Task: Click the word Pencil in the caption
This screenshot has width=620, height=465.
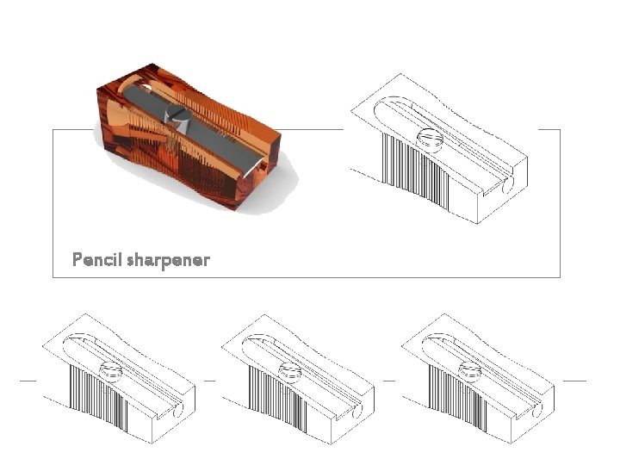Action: pos(96,259)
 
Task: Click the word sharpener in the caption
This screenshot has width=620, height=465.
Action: pos(168,260)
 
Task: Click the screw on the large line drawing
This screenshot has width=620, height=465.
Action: pos(428,138)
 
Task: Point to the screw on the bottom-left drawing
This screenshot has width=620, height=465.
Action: pos(112,371)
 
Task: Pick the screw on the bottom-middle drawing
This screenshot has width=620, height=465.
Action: pos(291,371)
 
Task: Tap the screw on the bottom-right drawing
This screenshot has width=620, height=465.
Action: pos(470,371)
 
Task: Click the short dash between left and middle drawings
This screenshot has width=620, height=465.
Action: pos(209,380)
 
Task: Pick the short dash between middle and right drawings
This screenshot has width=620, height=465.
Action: pos(388,380)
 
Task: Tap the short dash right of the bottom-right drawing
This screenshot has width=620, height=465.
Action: pos(574,380)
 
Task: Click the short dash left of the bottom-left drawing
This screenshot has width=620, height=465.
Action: pos(28,380)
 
